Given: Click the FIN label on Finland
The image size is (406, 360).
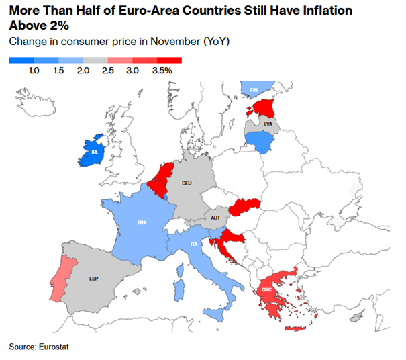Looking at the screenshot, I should coord(254,89).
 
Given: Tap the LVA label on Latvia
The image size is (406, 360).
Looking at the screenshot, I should coord(268,124).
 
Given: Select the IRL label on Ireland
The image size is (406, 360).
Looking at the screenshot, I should coord(94,153).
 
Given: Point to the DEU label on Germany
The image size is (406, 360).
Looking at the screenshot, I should coord(188,182).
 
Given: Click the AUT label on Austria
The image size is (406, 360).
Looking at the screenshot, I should coord(215,218).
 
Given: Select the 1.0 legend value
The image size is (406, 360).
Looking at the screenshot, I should coord(35,70).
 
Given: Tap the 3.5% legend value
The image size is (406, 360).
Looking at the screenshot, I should coord(162,70).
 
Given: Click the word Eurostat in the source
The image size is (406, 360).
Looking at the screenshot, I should coord(53,347).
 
